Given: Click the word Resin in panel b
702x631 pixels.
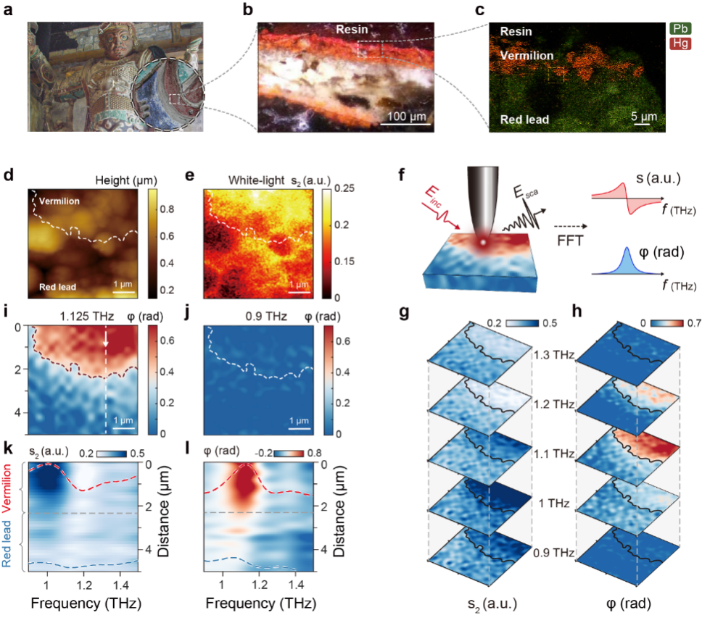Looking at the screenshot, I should pyautogui.click(x=352, y=30).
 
